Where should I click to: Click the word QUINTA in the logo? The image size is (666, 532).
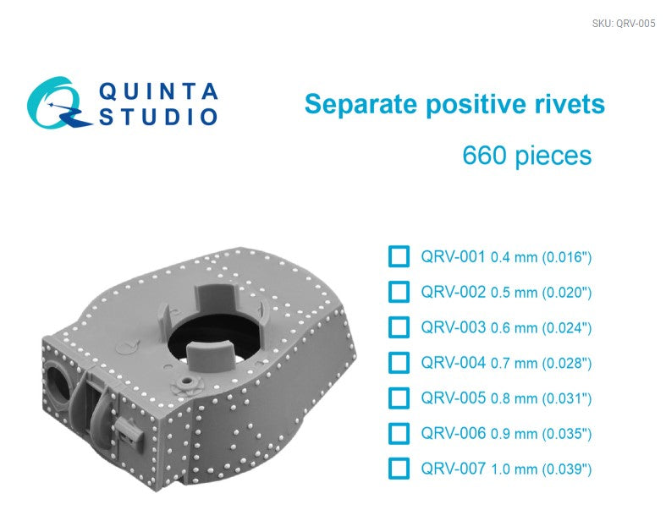point(159,90)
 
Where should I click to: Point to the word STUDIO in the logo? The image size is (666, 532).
point(159,118)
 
